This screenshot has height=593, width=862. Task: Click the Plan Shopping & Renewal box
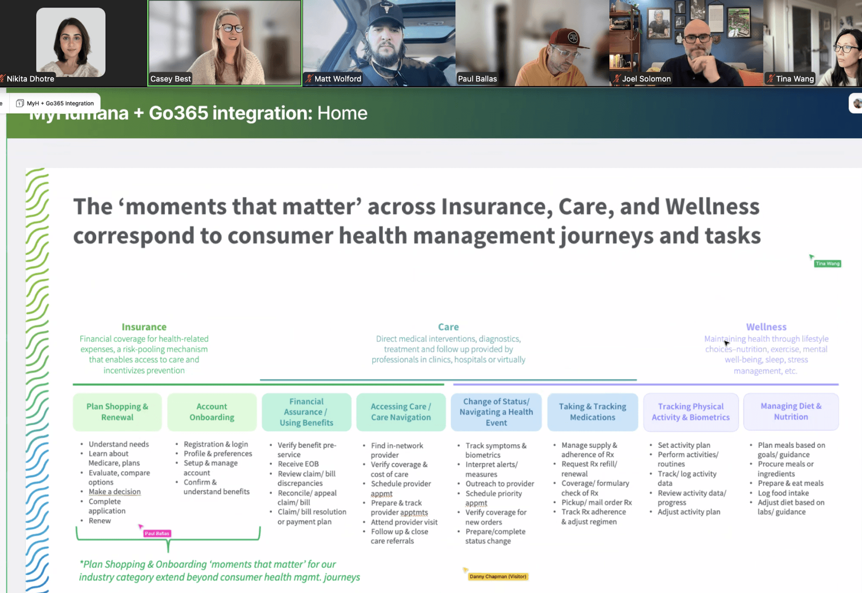coord(117,412)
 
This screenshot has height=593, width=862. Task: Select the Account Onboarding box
coord(212,412)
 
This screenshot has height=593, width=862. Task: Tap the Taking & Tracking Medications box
coord(593,412)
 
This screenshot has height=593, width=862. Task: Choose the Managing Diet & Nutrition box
coord(791,411)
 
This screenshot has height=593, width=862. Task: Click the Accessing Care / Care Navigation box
coord(401,412)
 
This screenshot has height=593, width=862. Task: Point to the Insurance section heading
coord(144,327)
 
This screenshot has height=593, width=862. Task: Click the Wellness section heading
coord(766,327)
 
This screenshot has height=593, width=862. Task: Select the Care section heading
coord(448,327)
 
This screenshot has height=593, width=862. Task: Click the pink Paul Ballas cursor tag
coord(157,533)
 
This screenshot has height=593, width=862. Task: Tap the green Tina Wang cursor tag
coord(827,264)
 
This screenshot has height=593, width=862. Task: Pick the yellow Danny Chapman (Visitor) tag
coord(498,577)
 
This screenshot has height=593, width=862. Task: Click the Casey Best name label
coord(170,78)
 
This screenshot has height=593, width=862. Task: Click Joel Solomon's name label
coord(646,78)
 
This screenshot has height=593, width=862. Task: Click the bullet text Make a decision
coord(114,492)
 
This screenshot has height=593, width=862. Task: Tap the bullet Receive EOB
coord(298,464)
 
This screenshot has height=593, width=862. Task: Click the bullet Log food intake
coord(783,493)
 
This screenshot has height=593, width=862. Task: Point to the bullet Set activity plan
coord(684,445)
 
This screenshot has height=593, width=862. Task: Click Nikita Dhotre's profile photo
coord(71,42)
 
